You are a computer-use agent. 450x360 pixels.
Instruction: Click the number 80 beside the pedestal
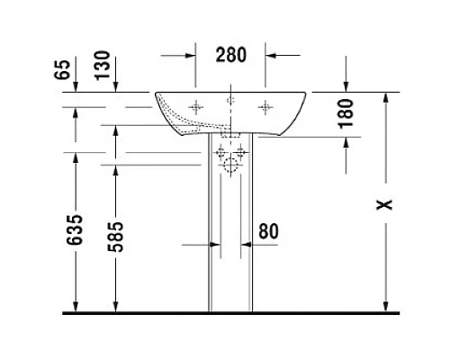pos(267,230)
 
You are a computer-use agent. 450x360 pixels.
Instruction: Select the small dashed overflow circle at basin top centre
pos(230,98)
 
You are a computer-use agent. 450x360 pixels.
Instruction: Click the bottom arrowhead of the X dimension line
pos(385,308)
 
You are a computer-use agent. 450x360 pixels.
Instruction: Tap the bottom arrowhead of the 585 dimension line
pos(116,308)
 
